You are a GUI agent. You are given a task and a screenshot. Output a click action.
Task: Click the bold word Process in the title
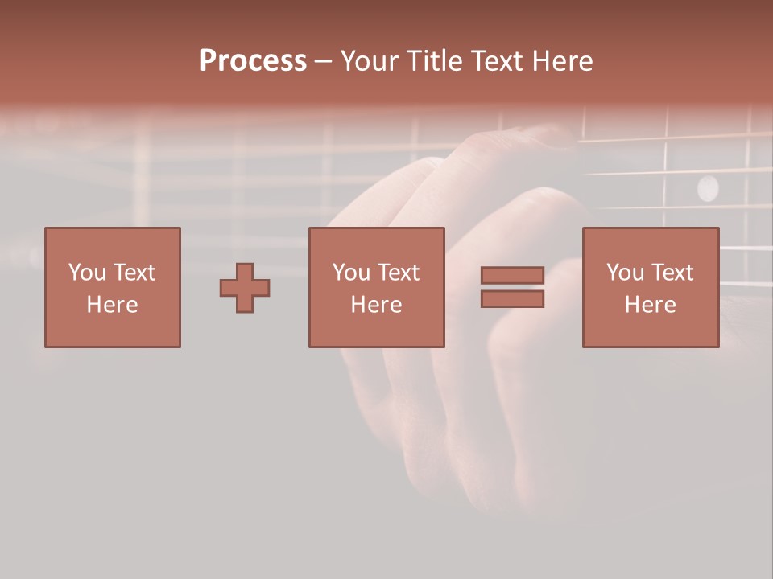(253, 61)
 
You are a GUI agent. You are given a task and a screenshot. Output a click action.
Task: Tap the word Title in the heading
(436, 61)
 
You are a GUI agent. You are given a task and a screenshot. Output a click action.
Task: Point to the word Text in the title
(500, 61)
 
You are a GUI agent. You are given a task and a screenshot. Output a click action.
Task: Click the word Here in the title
(564, 61)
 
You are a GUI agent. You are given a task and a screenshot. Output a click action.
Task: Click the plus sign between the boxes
(245, 288)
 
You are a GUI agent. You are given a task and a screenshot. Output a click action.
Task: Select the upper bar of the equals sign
(512, 276)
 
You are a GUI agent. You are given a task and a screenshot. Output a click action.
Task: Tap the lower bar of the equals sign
(512, 299)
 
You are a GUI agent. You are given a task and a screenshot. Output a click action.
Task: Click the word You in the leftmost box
(87, 273)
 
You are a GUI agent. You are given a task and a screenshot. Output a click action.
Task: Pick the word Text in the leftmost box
(134, 273)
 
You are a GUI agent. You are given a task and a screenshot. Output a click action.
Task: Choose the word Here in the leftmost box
(112, 305)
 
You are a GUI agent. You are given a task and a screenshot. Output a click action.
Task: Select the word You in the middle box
(351, 273)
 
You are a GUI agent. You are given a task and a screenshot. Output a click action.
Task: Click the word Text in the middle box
(398, 273)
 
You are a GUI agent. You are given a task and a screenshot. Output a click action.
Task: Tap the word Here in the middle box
(376, 305)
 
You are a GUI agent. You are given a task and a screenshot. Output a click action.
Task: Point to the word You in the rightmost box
(625, 273)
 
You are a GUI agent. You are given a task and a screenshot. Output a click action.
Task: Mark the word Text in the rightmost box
(672, 273)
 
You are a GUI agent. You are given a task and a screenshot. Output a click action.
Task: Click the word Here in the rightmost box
(650, 305)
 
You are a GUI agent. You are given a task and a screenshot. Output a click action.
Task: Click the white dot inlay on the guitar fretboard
(707, 187)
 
